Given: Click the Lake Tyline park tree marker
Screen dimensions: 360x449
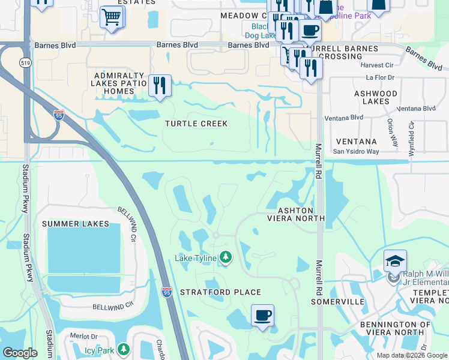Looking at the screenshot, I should pyautogui.click(x=226, y=257).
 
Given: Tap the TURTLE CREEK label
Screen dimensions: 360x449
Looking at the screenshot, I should pyautogui.click(x=196, y=124).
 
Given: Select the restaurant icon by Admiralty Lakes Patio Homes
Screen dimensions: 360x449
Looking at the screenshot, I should pyautogui.click(x=160, y=85).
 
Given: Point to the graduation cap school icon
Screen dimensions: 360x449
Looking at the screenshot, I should pyautogui.click(x=396, y=261).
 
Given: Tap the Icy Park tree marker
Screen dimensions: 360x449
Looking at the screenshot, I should pyautogui.click(x=123, y=348).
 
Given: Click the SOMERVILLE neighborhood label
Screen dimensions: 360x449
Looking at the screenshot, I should pyautogui.click(x=338, y=301).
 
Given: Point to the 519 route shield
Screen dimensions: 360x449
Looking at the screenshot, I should pyautogui.click(x=25, y=62).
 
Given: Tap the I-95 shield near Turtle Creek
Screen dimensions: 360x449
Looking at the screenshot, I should pyautogui.click(x=58, y=115).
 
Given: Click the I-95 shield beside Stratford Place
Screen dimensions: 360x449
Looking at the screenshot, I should pyautogui.click(x=166, y=292).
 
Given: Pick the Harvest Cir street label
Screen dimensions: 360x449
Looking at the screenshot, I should pyautogui.click(x=376, y=65).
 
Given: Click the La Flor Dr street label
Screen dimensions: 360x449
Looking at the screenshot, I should pyautogui.click(x=379, y=78).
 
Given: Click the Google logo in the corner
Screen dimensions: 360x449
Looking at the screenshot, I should pyautogui.click(x=20, y=353).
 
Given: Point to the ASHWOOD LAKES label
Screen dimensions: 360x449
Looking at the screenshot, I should pyautogui.click(x=376, y=98).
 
